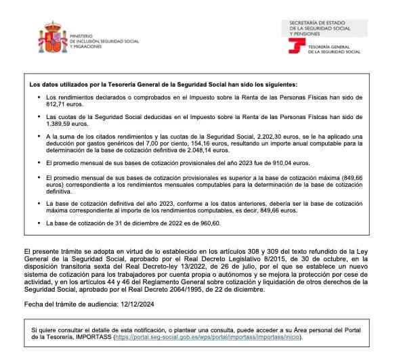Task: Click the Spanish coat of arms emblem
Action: pos(53,38)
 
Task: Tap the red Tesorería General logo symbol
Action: pos(297,46)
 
